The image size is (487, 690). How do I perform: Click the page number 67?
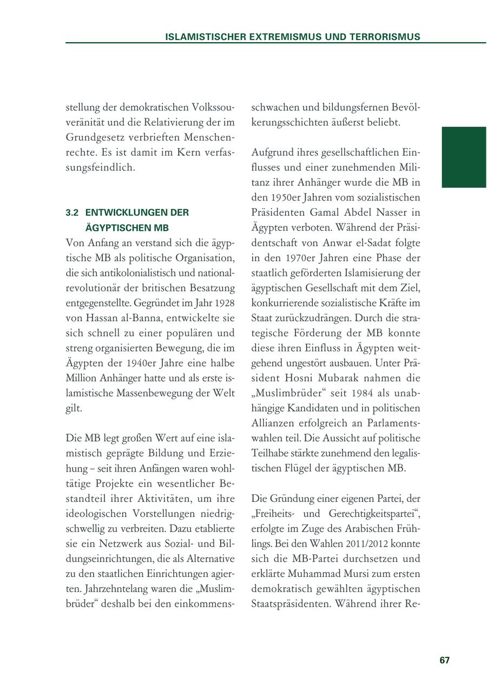445,660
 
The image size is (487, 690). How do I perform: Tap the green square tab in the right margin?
464,157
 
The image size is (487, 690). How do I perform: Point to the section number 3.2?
73,213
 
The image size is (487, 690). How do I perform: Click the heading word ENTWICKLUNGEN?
137,213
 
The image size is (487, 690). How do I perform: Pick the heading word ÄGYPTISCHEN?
119,228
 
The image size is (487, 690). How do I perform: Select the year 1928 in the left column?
224,303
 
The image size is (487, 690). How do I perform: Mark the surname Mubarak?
350,377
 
